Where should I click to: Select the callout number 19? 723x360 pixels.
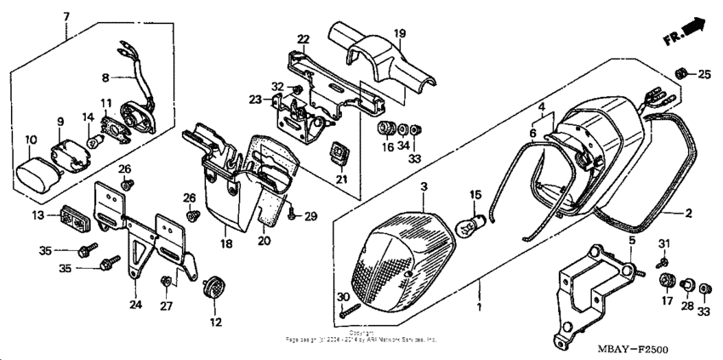[x=399, y=33]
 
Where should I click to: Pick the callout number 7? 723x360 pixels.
[x=66, y=17]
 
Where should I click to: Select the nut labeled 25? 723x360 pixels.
[x=680, y=74]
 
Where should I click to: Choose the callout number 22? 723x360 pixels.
[x=304, y=40]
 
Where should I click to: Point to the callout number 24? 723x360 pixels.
[x=134, y=304]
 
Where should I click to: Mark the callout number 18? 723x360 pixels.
[x=226, y=244]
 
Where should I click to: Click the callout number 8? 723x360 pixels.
[x=105, y=77]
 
